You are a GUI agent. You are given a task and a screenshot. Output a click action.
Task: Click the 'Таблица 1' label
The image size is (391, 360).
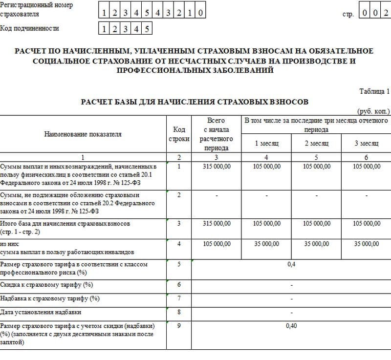[x=374, y=91]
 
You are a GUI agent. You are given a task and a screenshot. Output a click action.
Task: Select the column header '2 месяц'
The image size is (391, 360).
[x=316, y=143]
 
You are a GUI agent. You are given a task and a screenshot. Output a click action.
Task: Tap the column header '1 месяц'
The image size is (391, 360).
[x=266, y=143]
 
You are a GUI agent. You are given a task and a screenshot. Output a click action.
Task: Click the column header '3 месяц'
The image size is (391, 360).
[x=366, y=143]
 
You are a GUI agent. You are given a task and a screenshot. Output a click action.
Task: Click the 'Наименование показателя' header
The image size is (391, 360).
[x=83, y=134]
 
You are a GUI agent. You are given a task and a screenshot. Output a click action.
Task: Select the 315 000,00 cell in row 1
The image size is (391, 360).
[x=217, y=167]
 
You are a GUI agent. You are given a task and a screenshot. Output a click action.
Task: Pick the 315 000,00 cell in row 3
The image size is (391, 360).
[x=217, y=223]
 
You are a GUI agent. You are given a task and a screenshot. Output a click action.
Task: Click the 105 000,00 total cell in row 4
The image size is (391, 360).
[x=217, y=243]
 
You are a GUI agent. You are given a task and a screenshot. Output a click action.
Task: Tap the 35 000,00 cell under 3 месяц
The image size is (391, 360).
[x=366, y=243]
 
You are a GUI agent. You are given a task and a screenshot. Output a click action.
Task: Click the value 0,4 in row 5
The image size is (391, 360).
[x=291, y=264]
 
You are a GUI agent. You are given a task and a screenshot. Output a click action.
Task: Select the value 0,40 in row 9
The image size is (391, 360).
[x=291, y=326]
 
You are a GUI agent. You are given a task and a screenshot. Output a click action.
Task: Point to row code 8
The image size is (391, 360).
[x=179, y=311]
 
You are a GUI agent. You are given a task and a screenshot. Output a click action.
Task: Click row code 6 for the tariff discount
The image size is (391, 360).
[x=179, y=284]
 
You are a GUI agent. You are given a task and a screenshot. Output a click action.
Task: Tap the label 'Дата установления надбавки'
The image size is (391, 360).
[x=41, y=312]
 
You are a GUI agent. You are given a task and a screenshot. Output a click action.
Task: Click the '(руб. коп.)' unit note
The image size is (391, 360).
[x=374, y=111]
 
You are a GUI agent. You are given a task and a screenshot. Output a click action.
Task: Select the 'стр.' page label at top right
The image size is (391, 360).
[x=348, y=14]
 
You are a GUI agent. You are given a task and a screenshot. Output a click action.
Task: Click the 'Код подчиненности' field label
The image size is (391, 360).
[x=30, y=28]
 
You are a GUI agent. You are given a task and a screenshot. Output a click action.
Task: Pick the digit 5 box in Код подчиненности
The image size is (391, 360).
[x=146, y=29]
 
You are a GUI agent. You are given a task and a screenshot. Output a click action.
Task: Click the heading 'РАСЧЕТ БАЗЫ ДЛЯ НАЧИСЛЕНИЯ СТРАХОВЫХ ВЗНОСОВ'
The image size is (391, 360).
[x=195, y=102]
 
